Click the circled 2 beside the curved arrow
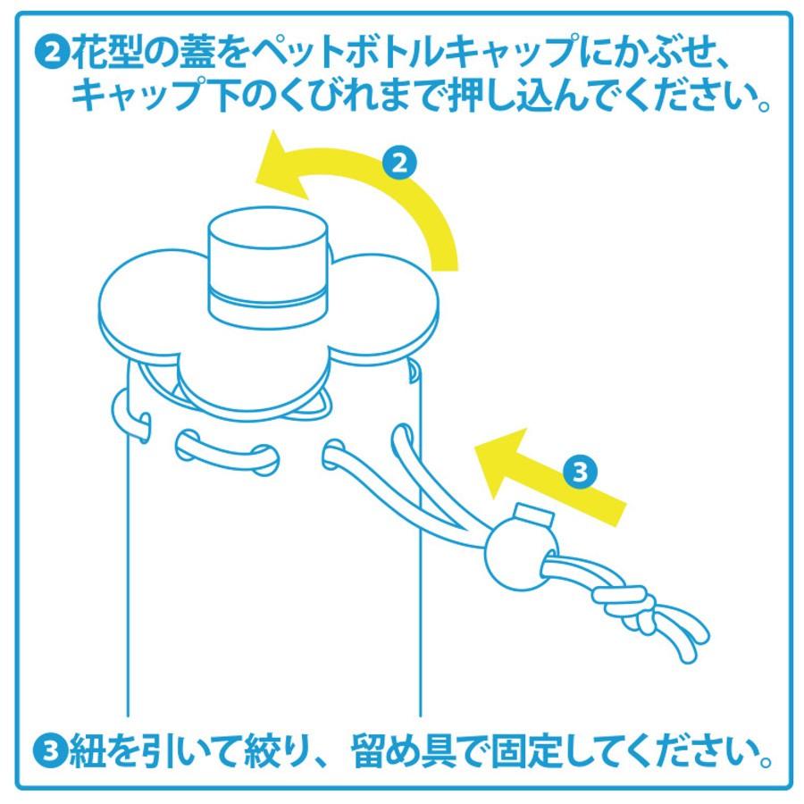399,163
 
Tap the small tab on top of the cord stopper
532,515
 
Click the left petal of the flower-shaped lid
143,304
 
